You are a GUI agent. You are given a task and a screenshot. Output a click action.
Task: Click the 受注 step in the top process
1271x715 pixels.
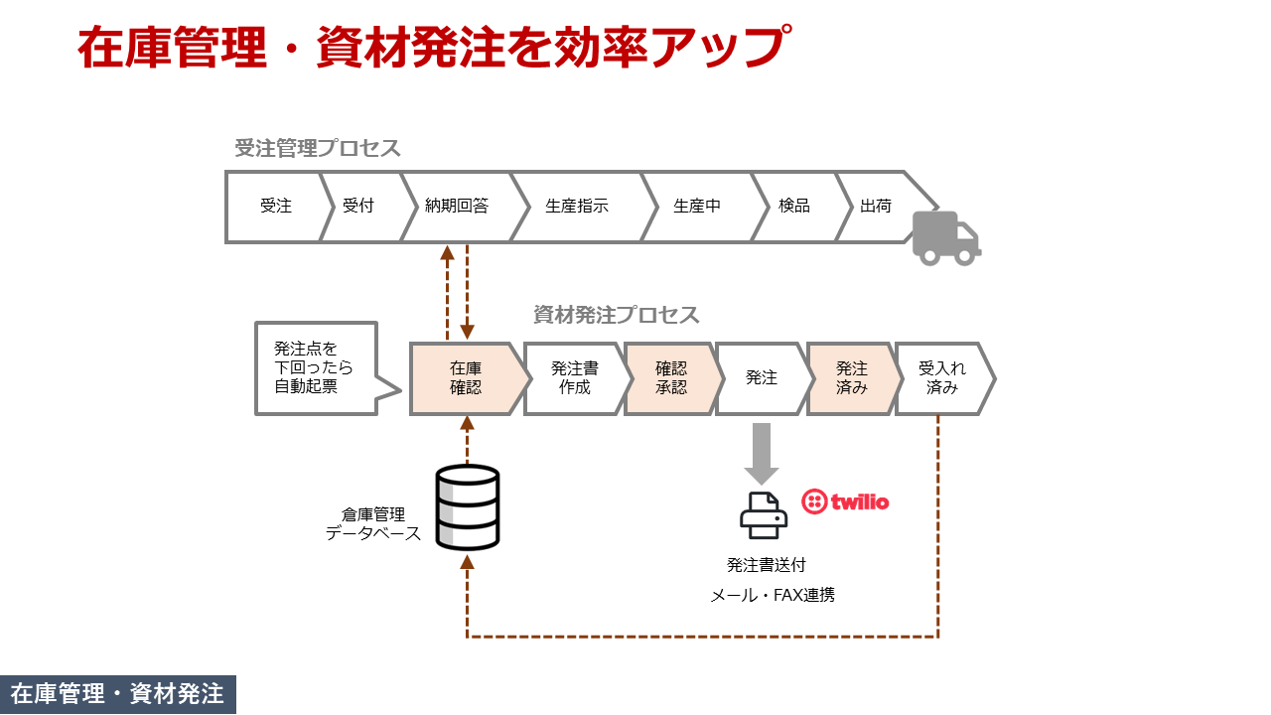[276, 207]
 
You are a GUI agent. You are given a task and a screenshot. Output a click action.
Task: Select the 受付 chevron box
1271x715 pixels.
[358, 207]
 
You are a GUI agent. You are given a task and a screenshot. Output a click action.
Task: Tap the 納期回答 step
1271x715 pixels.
[457, 207]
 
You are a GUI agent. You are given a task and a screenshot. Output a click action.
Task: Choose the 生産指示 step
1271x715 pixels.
[577, 207]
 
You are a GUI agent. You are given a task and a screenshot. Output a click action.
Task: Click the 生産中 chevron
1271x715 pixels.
[697, 207]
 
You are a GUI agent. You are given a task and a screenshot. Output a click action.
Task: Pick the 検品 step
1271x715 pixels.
[794, 207]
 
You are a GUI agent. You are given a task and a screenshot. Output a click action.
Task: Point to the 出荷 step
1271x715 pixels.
[876, 207]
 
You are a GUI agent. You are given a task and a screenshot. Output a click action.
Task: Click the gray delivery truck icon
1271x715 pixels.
[945, 238]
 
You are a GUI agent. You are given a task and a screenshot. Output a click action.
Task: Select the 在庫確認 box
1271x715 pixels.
[466, 378]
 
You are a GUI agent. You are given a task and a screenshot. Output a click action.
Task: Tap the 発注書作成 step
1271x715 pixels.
[574, 378]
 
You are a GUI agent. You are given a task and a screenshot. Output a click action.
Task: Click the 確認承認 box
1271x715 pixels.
[671, 378]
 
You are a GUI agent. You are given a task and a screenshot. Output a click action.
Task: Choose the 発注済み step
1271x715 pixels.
[852, 378]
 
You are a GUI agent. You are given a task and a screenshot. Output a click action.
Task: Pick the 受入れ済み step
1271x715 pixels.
[942, 378]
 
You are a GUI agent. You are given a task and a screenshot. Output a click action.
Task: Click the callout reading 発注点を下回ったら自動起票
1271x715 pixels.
[316, 368]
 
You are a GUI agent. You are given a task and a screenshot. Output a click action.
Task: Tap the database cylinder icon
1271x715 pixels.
[468, 507]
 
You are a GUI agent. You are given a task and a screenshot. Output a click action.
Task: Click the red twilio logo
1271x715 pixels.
[845, 501]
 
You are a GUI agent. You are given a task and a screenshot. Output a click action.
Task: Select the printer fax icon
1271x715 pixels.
[763, 515]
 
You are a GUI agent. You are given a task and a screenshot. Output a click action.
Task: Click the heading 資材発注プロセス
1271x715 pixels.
[616, 315]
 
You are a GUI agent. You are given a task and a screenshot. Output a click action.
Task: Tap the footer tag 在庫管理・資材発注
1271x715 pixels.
[117, 694]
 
